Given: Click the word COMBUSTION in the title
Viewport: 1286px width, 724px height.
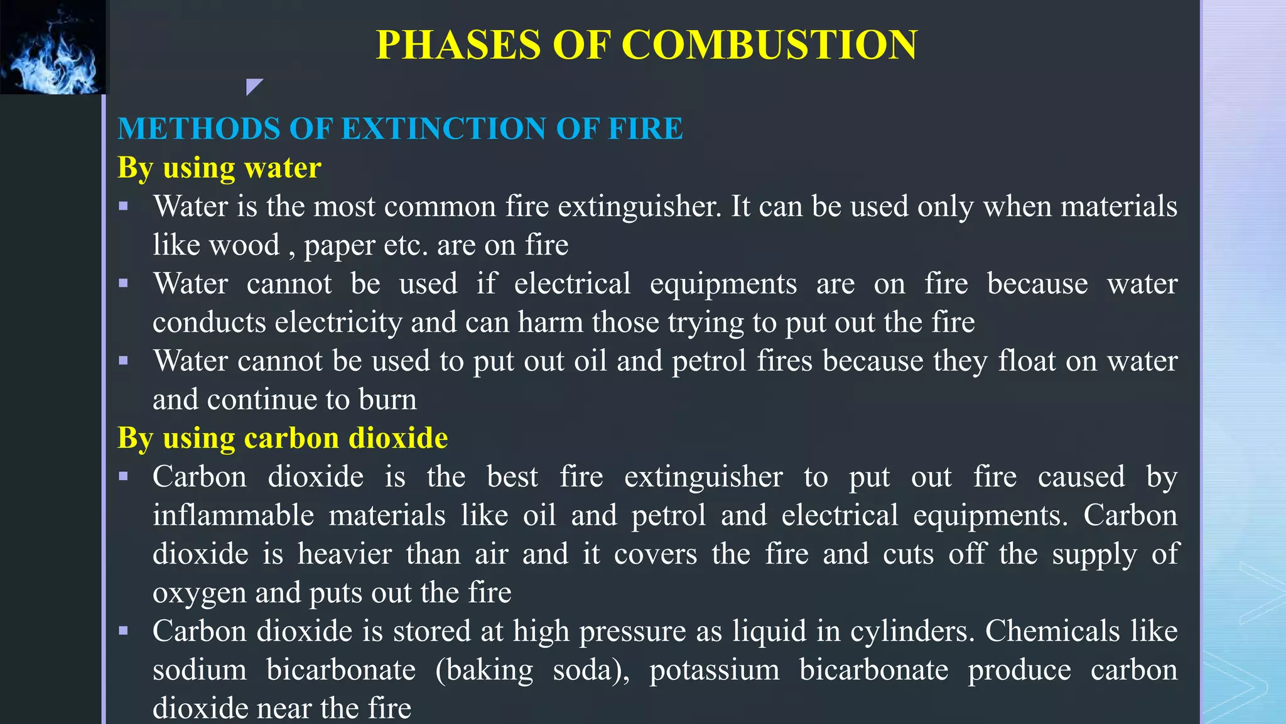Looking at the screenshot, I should pyautogui.click(x=769, y=45).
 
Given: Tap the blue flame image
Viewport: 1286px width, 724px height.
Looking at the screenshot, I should pyautogui.click(x=53, y=48).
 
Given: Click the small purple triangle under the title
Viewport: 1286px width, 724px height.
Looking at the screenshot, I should pyautogui.click(x=253, y=86).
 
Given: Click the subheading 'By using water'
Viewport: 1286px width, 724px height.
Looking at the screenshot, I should pyautogui.click(x=219, y=168).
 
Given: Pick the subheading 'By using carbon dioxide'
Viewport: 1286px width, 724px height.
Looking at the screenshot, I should pyautogui.click(x=283, y=438).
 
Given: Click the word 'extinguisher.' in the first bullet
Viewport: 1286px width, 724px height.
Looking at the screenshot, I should pyautogui.click(x=639, y=207).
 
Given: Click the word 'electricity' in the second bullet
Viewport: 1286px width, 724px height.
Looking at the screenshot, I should pyautogui.click(x=338, y=322).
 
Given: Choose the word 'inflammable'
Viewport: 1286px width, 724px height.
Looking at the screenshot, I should pyautogui.click(x=233, y=516).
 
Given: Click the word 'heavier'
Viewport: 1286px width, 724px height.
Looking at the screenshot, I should pyautogui.click(x=344, y=554).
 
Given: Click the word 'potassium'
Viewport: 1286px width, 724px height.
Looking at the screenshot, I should pyautogui.click(x=715, y=671).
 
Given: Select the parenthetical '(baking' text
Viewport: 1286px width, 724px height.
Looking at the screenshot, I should pyautogui.click(x=484, y=671).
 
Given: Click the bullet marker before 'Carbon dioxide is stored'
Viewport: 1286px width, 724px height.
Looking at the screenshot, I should pyautogui.click(x=124, y=630).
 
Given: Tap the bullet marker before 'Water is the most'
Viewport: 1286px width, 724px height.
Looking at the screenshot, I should pyautogui.click(x=124, y=206).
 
